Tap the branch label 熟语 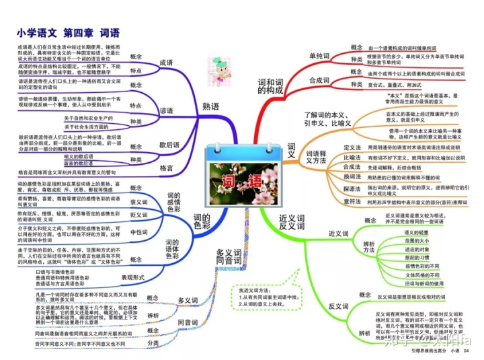click(x=210, y=106)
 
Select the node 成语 click(x=167, y=63)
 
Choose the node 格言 click(x=167, y=167)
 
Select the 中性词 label click(x=138, y=231)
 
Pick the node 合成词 click(x=321, y=80)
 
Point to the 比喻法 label click(x=352, y=157)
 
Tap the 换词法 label click(x=352, y=176)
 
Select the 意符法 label click(x=352, y=201)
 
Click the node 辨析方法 click(x=369, y=246)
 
